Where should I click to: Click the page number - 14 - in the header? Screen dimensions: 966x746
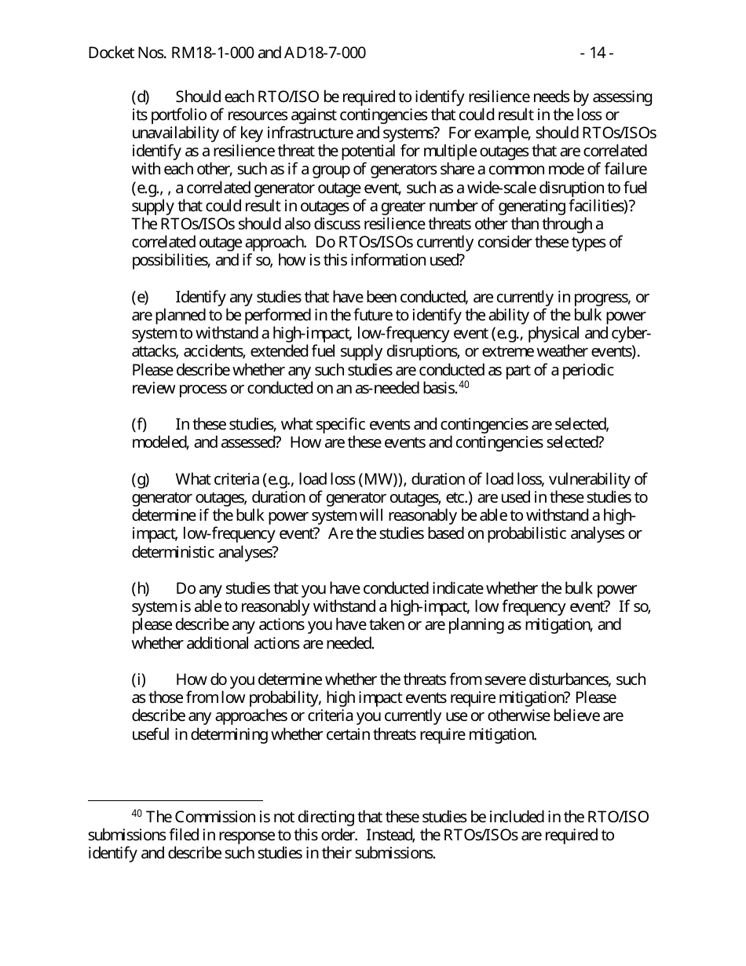click(597, 53)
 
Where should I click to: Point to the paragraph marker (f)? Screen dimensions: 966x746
click(139, 424)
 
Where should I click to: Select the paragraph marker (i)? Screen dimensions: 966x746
click(138, 679)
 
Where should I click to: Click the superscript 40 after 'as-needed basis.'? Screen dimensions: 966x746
click(463, 385)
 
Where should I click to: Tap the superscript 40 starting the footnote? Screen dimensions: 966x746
click(136, 814)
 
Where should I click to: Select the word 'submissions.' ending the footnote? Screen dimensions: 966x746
click(397, 854)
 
